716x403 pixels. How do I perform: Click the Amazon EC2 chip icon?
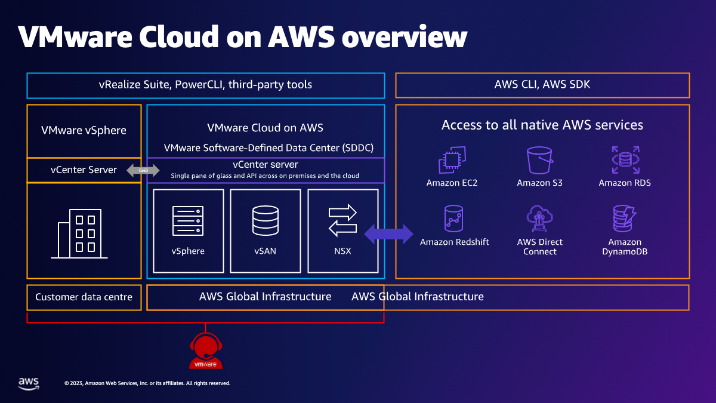click(x=452, y=160)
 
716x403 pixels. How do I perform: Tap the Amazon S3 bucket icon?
click(x=541, y=160)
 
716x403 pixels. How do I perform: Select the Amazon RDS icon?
click(x=625, y=160)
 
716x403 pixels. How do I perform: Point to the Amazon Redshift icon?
click(x=454, y=219)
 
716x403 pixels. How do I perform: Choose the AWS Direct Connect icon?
click(x=539, y=219)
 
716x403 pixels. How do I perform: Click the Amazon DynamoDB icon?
click(x=625, y=219)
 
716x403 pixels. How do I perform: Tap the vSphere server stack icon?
click(x=188, y=221)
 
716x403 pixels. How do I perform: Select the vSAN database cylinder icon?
click(x=265, y=221)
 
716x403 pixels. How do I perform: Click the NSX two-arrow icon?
click(x=342, y=220)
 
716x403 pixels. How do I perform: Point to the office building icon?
click(x=79, y=234)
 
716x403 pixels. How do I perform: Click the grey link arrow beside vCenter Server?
click(x=143, y=171)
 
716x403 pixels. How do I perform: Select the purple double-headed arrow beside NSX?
click(x=388, y=234)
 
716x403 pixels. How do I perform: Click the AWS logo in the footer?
click(x=28, y=383)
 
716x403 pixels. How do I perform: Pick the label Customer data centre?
click(x=84, y=297)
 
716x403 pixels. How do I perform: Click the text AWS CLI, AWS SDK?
click(x=542, y=85)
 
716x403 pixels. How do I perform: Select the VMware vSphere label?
click(x=84, y=130)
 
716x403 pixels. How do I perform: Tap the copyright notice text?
click(x=147, y=383)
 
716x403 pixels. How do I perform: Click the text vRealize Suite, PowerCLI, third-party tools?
click(x=205, y=85)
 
